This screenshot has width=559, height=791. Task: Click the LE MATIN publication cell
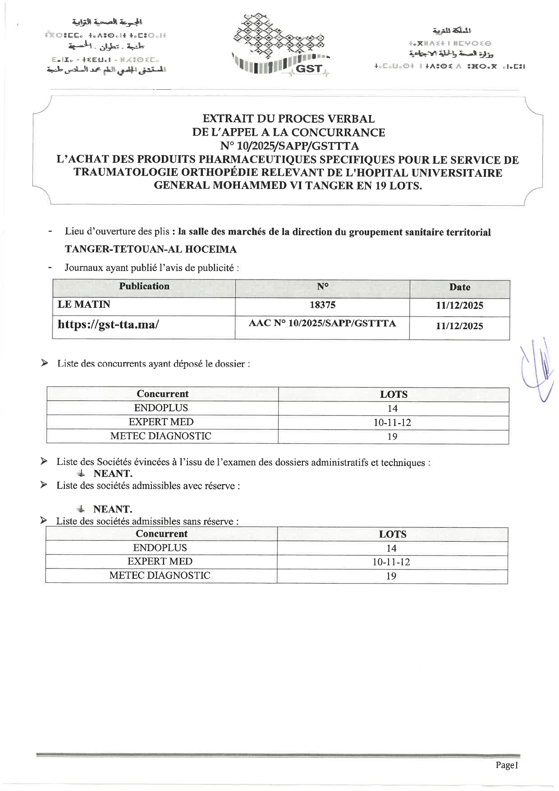(x=84, y=304)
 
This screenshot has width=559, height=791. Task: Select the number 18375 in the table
(x=322, y=305)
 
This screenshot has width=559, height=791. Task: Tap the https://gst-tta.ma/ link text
(x=108, y=324)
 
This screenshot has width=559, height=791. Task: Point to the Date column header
(x=459, y=287)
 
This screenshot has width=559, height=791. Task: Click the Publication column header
(x=144, y=286)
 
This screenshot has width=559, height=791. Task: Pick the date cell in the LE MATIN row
(x=459, y=305)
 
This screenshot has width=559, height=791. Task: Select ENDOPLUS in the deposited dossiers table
(x=161, y=408)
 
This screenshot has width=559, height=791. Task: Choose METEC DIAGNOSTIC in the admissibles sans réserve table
(x=160, y=575)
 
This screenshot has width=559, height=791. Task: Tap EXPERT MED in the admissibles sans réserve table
(x=160, y=561)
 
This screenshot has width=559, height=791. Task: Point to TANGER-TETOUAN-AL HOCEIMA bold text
(x=151, y=249)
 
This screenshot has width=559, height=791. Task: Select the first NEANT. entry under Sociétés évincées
(x=113, y=474)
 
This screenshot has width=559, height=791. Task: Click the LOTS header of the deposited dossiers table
(x=394, y=394)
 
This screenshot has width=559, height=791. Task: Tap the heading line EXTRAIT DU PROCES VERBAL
(x=289, y=119)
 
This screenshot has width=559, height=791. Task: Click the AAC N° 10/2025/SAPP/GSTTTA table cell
(x=322, y=323)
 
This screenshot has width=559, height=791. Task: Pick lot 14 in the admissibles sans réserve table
(x=391, y=548)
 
